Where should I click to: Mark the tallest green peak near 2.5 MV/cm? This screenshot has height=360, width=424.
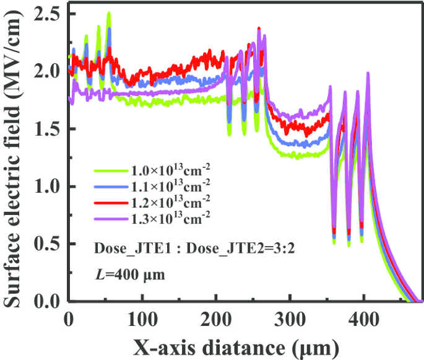[x=109, y=14]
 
